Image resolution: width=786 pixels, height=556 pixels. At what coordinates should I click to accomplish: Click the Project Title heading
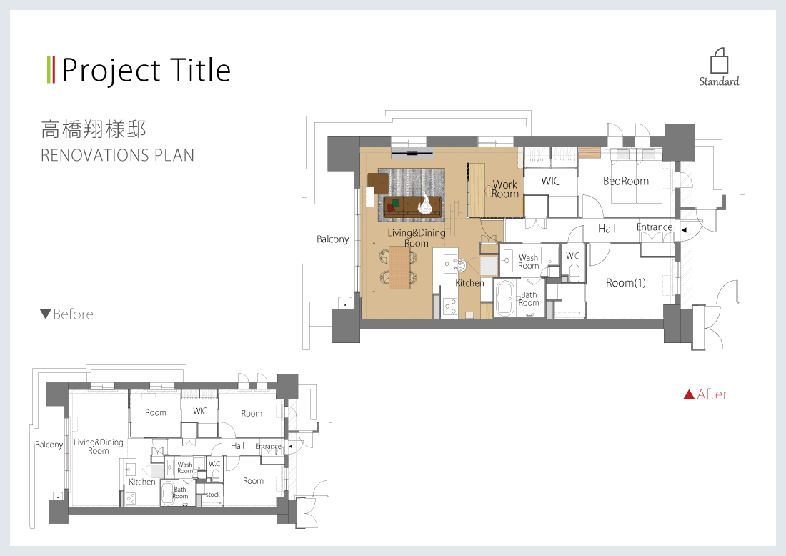pos(146,71)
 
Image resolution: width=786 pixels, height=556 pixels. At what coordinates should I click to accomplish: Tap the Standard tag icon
pos(720,61)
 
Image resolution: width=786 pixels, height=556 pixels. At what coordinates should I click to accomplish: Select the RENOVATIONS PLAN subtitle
pos(117,155)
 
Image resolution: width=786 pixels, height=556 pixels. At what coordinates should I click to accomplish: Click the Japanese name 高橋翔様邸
pos(94,130)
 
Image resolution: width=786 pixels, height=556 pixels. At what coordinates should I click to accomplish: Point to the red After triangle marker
pos(689,394)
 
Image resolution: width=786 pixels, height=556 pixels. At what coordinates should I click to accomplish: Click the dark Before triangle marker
pos(45,314)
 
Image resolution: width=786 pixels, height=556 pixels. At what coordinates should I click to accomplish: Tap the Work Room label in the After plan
pos(504,189)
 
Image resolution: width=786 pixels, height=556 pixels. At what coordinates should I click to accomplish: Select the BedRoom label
pos(626,181)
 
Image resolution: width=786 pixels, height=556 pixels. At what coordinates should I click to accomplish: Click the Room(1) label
pos(626,283)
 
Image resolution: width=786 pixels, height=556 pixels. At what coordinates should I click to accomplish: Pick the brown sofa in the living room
pos(412,207)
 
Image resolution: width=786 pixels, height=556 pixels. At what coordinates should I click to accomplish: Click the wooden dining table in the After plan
pos(399,267)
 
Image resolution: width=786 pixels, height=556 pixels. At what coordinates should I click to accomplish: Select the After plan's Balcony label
pos(332,239)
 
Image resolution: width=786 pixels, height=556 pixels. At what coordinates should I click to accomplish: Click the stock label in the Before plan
pos(212,495)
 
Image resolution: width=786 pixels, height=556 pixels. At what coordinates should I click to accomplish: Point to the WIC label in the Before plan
pos(200,411)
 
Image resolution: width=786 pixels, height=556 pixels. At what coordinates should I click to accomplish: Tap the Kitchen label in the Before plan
pos(142,482)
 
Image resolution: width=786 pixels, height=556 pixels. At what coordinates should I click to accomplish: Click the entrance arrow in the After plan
pos(684,230)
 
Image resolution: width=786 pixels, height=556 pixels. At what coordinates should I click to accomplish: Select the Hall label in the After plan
pos(607,229)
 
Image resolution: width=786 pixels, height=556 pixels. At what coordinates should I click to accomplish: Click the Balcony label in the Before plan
pos(49,445)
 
